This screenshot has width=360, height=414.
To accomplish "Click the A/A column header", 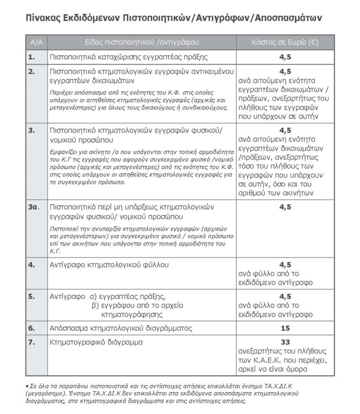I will tap(36, 42).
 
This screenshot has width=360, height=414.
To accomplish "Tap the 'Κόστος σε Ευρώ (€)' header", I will tap(285, 42).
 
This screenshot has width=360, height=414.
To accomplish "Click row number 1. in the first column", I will tap(31, 57).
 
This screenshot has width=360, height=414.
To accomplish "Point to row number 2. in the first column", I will tap(31, 72).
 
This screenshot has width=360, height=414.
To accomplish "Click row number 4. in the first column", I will tap(31, 265).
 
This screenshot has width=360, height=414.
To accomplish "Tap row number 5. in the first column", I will tap(31, 296).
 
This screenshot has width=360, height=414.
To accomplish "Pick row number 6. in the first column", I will tap(31, 328).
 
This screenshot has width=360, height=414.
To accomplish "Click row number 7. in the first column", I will tap(31, 342).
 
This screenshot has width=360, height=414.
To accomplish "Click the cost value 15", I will tap(285, 328).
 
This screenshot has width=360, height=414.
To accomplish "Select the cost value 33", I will tap(285, 342).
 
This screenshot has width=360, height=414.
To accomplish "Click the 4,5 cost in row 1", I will tap(285, 57).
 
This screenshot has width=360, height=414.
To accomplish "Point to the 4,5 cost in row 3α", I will tap(285, 207).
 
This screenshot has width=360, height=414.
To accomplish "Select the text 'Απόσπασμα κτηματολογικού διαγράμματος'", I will tap(120, 328).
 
